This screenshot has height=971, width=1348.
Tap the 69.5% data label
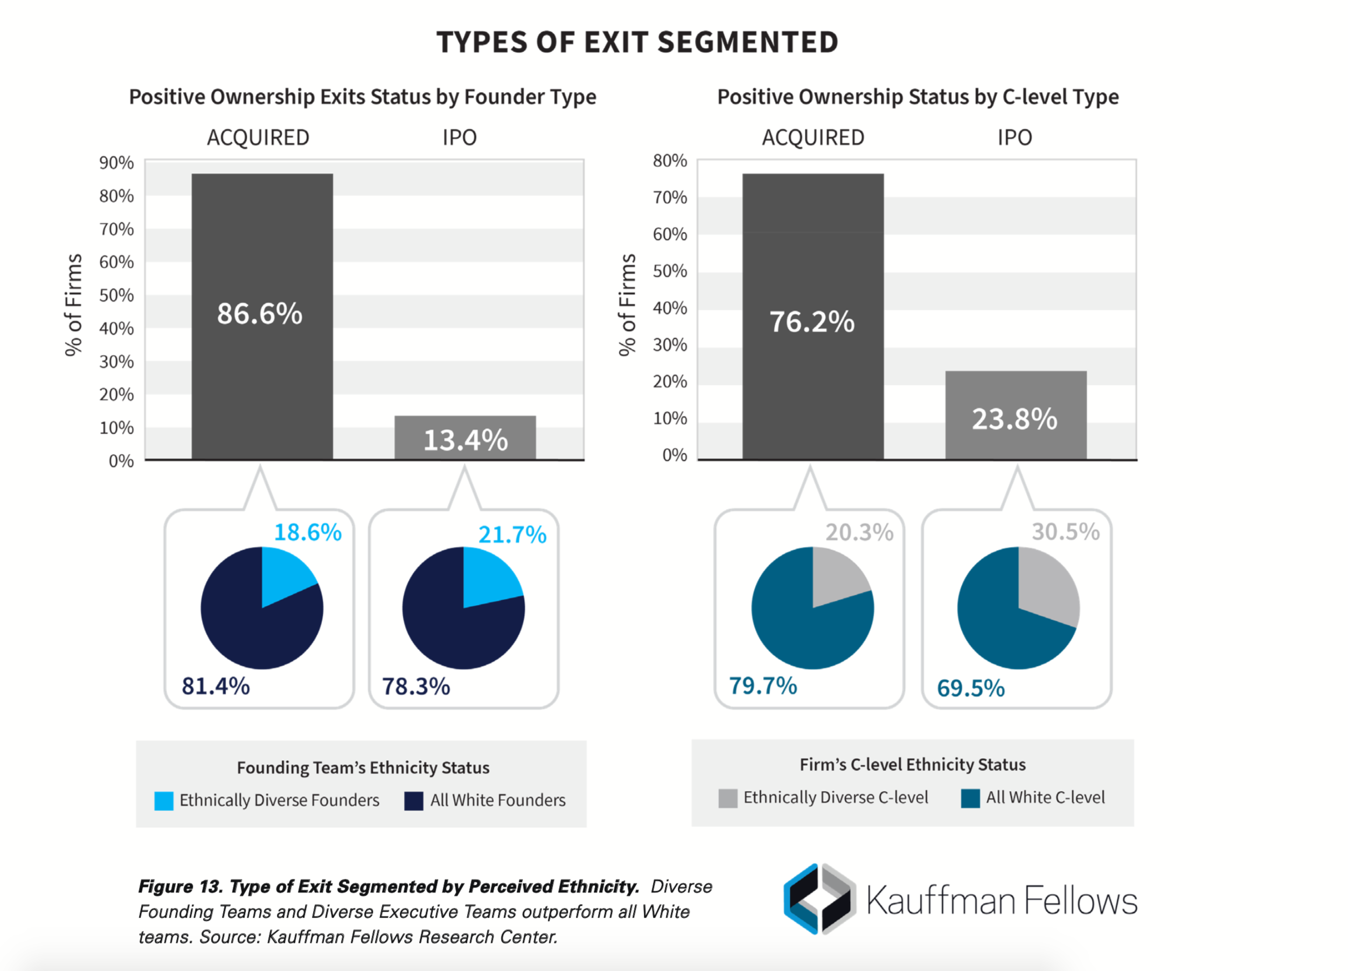click(x=970, y=688)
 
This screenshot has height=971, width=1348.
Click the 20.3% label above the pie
click(x=859, y=532)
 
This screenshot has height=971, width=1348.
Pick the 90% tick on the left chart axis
click(x=116, y=163)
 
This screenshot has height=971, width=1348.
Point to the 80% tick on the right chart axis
click(x=670, y=161)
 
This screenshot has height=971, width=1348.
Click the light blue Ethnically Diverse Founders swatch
click(x=163, y=800)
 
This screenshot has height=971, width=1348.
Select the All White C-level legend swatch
click(x=970, y=798)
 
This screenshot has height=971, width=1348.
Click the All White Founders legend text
click(x=497, y=800)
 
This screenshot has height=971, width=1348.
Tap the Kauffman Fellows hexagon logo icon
click(x=819, y=898)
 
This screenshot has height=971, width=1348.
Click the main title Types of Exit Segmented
click(x=637, y=42)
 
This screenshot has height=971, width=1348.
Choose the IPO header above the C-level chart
click(x=1015, y=137)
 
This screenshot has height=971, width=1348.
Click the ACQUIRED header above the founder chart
click(x=258, y=137)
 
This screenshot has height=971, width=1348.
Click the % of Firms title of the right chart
click(x=628, y=305)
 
